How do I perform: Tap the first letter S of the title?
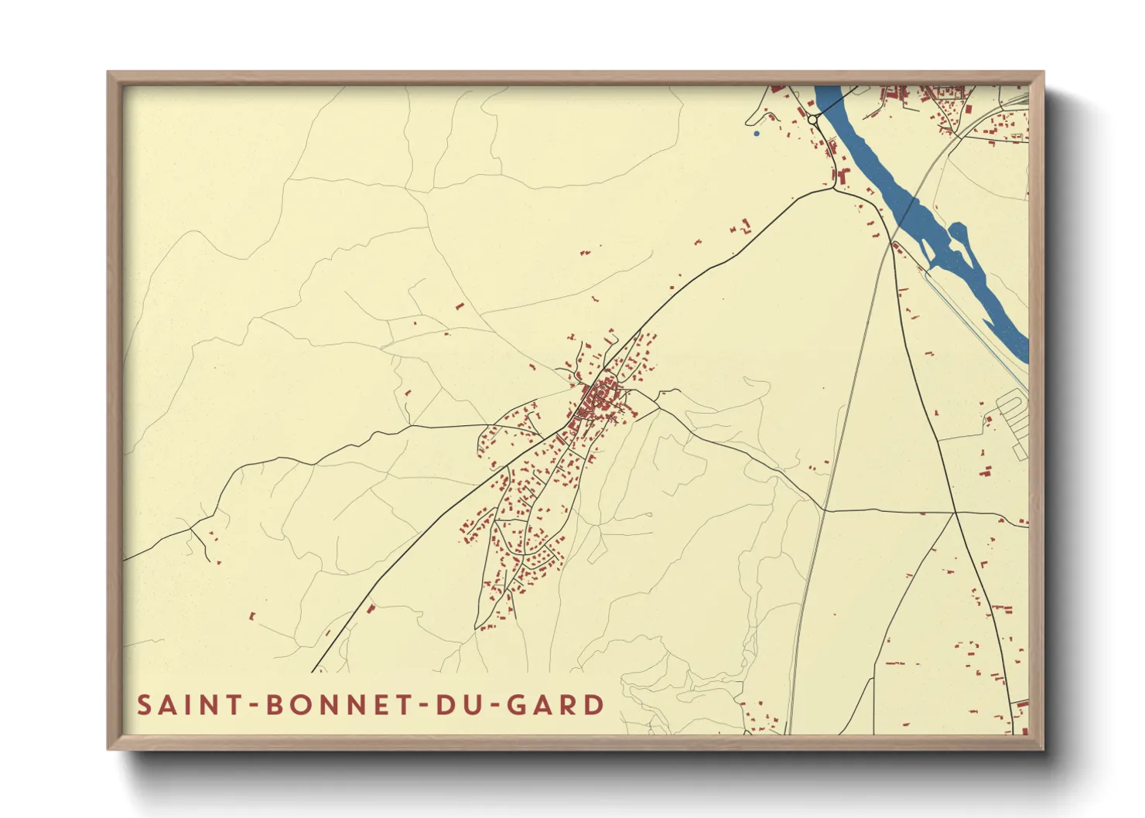click(x=145, y=705)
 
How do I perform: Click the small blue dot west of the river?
click(x=756, y=134)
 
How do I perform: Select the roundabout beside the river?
click(x=812, y=120)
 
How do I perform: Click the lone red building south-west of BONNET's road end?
click(x=252, y=616)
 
